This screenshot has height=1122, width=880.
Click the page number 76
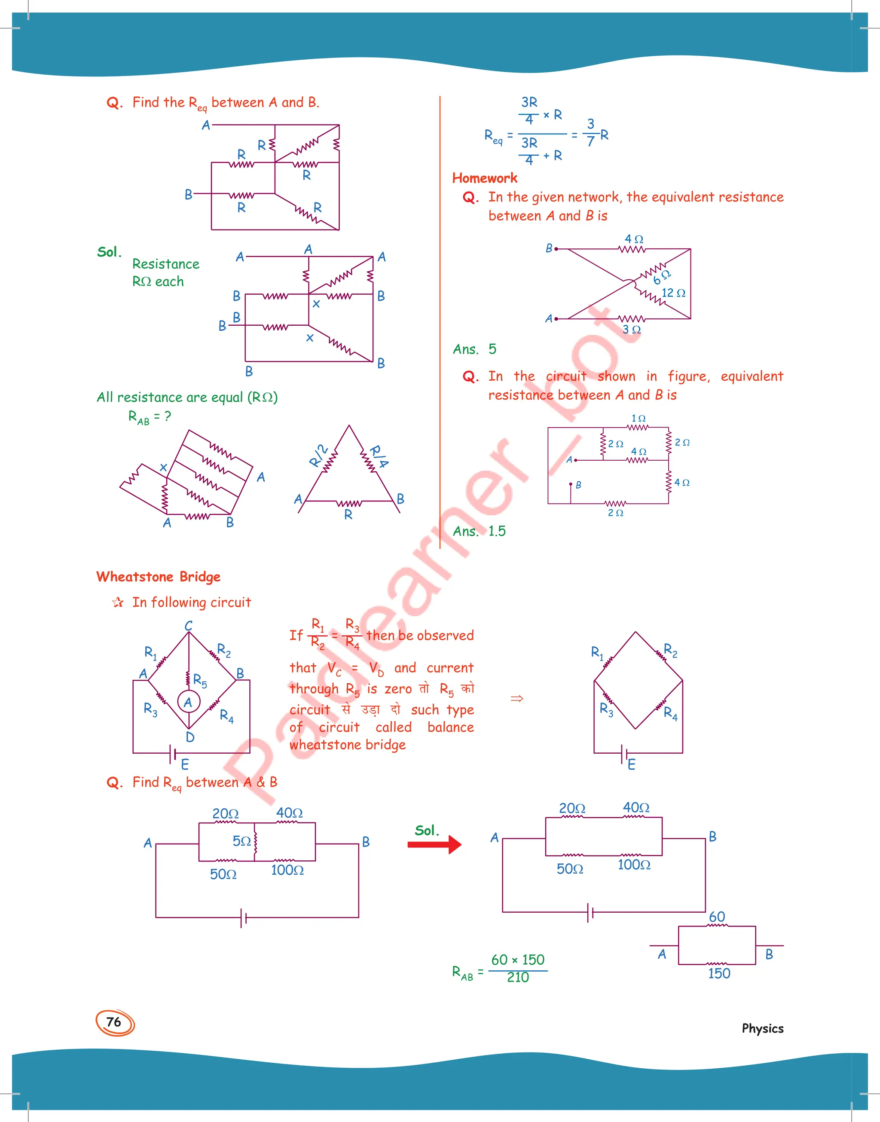(x=114, y=1022)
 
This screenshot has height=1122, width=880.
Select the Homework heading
(x=484, y=178)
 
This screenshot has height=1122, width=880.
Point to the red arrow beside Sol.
(x=434, y=844)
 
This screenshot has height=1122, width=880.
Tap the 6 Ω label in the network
(x=662, y=277)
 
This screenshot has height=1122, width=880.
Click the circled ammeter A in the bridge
(x=189, y=702)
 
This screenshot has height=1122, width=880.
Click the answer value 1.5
(x=497, y=531)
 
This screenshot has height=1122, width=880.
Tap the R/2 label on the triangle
(x=318, y=456)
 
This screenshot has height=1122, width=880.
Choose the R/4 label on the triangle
(x=380, y=456)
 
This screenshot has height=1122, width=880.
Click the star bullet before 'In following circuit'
(x=118, y=602)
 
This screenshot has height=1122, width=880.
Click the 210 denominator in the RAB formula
(x=518, y=977)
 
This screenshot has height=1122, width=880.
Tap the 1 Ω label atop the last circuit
(x=639, y=418)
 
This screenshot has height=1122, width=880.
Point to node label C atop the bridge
(x=189, y=625)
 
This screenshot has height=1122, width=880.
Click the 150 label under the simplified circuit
(x=719, y=973)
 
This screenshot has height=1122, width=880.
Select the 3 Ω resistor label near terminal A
(x=631, y=330)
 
